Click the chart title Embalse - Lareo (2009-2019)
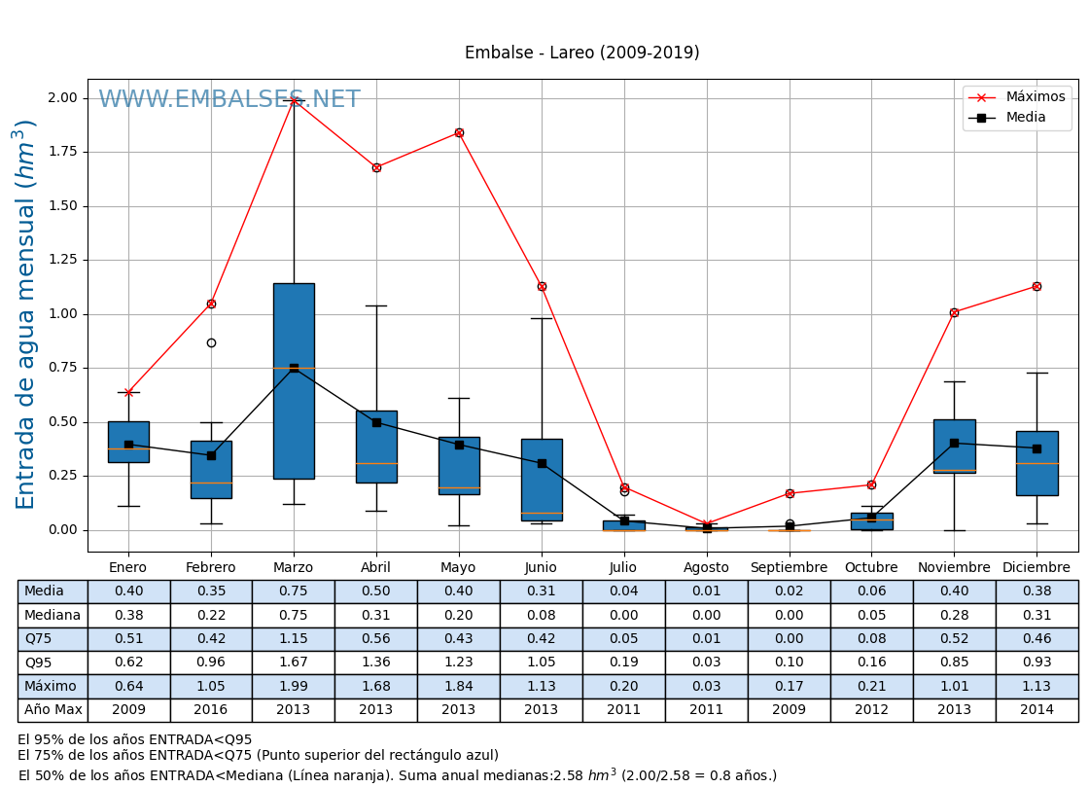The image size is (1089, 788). (581, 53)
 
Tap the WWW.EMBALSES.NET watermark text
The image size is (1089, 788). (228, 100)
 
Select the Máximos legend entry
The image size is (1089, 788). (1035, 97)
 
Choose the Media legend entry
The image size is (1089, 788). (1026, 118)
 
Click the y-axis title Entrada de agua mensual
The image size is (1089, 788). (26, 314)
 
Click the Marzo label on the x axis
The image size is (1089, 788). (293, 567)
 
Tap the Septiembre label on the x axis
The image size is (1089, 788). (789, 567)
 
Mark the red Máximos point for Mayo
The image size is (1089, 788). (459, 132)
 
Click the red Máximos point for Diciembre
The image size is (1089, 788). (1036, 286)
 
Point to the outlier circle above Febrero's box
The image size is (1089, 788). (211, 342)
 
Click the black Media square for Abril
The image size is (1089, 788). (376, 422)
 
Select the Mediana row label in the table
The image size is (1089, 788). (53, 615)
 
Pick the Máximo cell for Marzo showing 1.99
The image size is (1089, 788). (293, 686)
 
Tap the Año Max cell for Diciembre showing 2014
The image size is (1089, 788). (1036, 710)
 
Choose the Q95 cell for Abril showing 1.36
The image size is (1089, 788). (376, 663)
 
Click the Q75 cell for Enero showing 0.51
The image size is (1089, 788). (128, 639)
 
